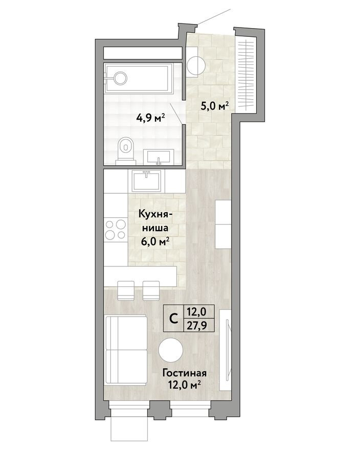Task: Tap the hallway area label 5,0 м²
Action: [x=215, y=106]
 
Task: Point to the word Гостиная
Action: [x=185, y=373]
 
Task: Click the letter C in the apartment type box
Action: [x=173, y=319]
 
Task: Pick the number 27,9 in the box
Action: [x=197, y=326]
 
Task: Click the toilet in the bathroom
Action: [x=126, y=151]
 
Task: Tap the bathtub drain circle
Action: [x=120, y=78]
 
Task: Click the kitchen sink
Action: [x=147, y=181]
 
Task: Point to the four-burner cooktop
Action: [x=116, y=229]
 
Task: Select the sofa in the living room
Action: [x=126, y=349]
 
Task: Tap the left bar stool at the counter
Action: [x=126, y=290]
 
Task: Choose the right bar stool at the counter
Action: [x=151, y=290]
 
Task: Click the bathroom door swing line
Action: [x=176, y=114]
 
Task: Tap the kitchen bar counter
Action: [x=140, y=277]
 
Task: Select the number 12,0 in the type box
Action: [x=197, y=311]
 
